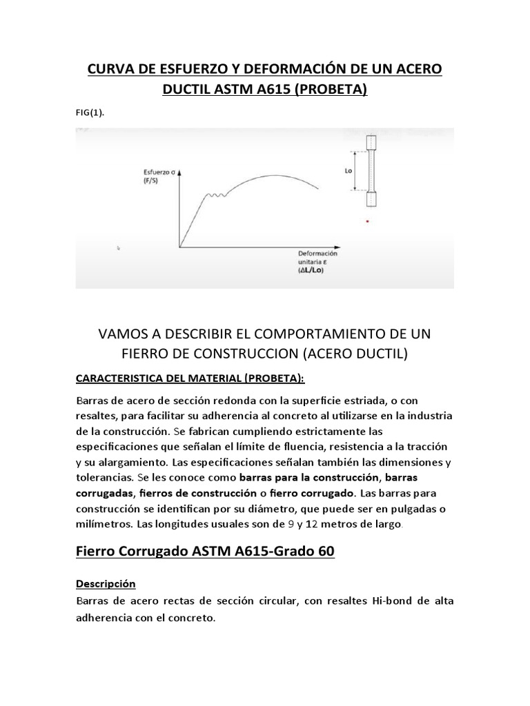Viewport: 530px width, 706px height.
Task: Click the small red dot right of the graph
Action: point(367,221)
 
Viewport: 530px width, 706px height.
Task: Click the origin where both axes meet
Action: point(180,246)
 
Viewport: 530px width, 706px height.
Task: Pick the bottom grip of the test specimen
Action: point(372,199)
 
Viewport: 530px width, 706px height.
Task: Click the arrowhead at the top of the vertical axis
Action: point(180,174)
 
